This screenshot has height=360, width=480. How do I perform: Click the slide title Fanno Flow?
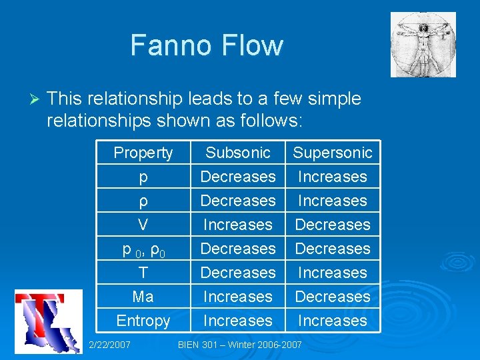coord(207,45)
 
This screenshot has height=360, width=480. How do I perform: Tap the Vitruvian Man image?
coord(423,44)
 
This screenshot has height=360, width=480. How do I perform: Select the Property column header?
coord(143,153)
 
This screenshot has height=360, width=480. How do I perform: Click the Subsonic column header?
coord(238,153)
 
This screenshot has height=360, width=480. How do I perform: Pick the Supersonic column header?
coord(333,153)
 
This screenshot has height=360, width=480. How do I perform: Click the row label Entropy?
coord(143,321)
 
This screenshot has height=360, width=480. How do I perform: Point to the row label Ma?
coord(143,297)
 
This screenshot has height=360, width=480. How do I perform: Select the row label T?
coord(143,273)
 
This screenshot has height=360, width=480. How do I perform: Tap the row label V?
coord(143,225)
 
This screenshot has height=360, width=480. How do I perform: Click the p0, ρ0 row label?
coord(143,249)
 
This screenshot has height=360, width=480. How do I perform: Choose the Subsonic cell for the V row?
coord(238,225)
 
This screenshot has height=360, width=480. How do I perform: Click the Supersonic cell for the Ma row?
coord(333,297)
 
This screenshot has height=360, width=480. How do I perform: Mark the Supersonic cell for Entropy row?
coord(333,321)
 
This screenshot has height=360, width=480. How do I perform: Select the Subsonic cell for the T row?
coord(238,273)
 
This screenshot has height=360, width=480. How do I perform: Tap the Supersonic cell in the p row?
coord(333,177)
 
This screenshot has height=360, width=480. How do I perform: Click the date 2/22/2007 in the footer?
coord(109,345)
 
